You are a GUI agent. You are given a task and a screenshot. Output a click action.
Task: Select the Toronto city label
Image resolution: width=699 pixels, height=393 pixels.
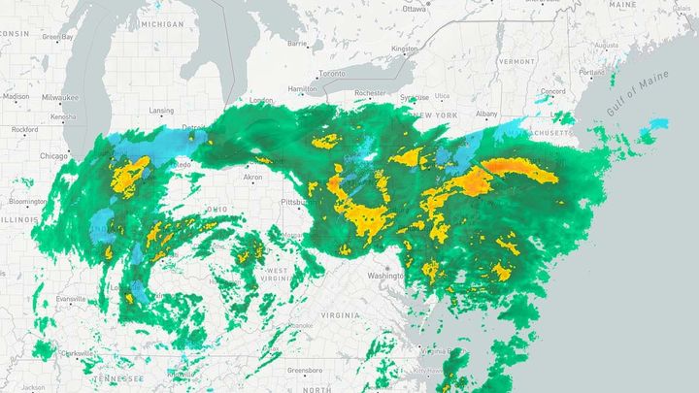[x=332, y=74]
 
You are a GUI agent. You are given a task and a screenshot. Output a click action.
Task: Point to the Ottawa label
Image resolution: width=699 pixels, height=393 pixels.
[x=415, y=9]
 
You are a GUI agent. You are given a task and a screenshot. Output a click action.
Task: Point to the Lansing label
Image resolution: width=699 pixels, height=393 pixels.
[x=161, y=111]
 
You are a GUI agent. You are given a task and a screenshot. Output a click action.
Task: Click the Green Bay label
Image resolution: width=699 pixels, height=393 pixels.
[x=58, y=37]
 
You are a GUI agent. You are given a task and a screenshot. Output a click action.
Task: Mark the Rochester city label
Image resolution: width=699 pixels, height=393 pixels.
[x=370, y=93]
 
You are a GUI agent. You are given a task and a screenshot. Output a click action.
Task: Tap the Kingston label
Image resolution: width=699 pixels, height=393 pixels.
[x=404, y=49]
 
